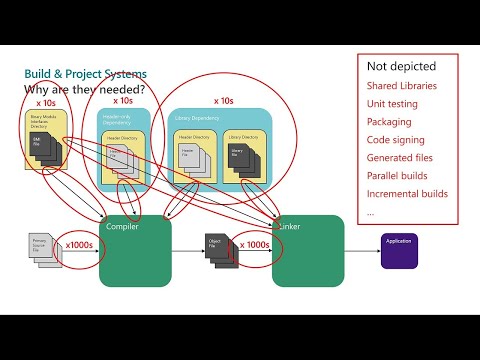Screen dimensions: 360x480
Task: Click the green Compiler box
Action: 134,256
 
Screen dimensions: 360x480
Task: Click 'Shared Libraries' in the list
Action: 401,86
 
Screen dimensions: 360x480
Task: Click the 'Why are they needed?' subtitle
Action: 84,89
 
